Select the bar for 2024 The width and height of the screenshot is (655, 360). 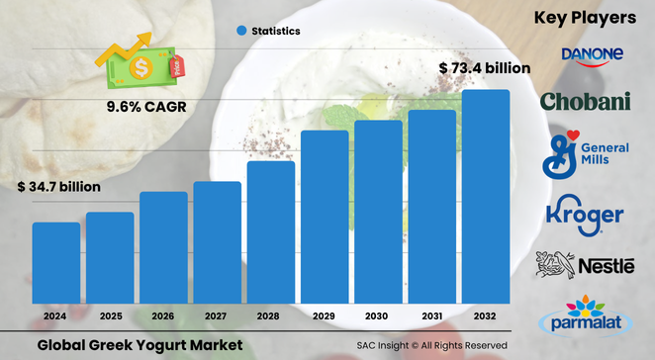click(x=56, y=264)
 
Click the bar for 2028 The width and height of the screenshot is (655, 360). click(x=271, y=233)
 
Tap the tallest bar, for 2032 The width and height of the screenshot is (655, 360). click(x=486, y=198)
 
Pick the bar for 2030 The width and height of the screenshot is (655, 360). click(x=379, y=213)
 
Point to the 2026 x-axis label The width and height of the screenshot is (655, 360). click(x=163, y=316)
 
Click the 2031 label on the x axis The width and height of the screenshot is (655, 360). click(x=432, y=316)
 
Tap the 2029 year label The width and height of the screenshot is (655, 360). click(x=325, y=316)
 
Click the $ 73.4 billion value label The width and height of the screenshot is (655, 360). click(x=484, y=68)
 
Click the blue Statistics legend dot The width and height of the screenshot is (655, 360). click(x=240, y=31)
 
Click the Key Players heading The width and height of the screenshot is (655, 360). click(x=584, y=18)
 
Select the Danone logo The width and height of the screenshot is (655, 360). click(x=592, y=55)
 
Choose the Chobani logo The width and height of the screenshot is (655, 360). click(x=585, y=101)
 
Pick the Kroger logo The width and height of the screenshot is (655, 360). click(x=584, y=215)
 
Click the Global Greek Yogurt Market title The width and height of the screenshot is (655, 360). click(x=139, y=344)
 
